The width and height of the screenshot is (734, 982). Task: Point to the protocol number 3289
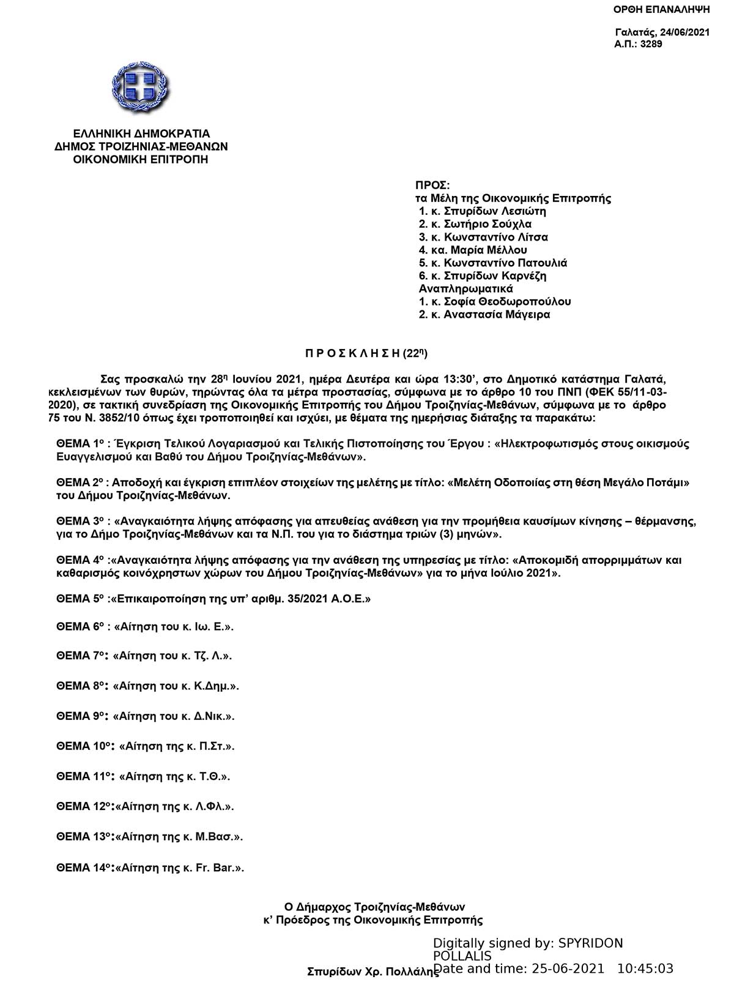tap(651, 44)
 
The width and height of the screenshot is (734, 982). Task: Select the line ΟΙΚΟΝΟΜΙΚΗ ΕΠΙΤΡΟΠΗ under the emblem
tap(141, 160)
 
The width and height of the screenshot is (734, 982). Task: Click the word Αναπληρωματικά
tap(465, 288)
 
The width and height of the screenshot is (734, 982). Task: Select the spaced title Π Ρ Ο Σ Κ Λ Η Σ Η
tap(352, 353)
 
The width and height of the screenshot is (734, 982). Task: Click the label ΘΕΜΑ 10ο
tap(83, 746)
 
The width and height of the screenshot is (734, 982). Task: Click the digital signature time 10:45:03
tap(645, 969)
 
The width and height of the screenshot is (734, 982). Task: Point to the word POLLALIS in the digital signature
tap(462, 956)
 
